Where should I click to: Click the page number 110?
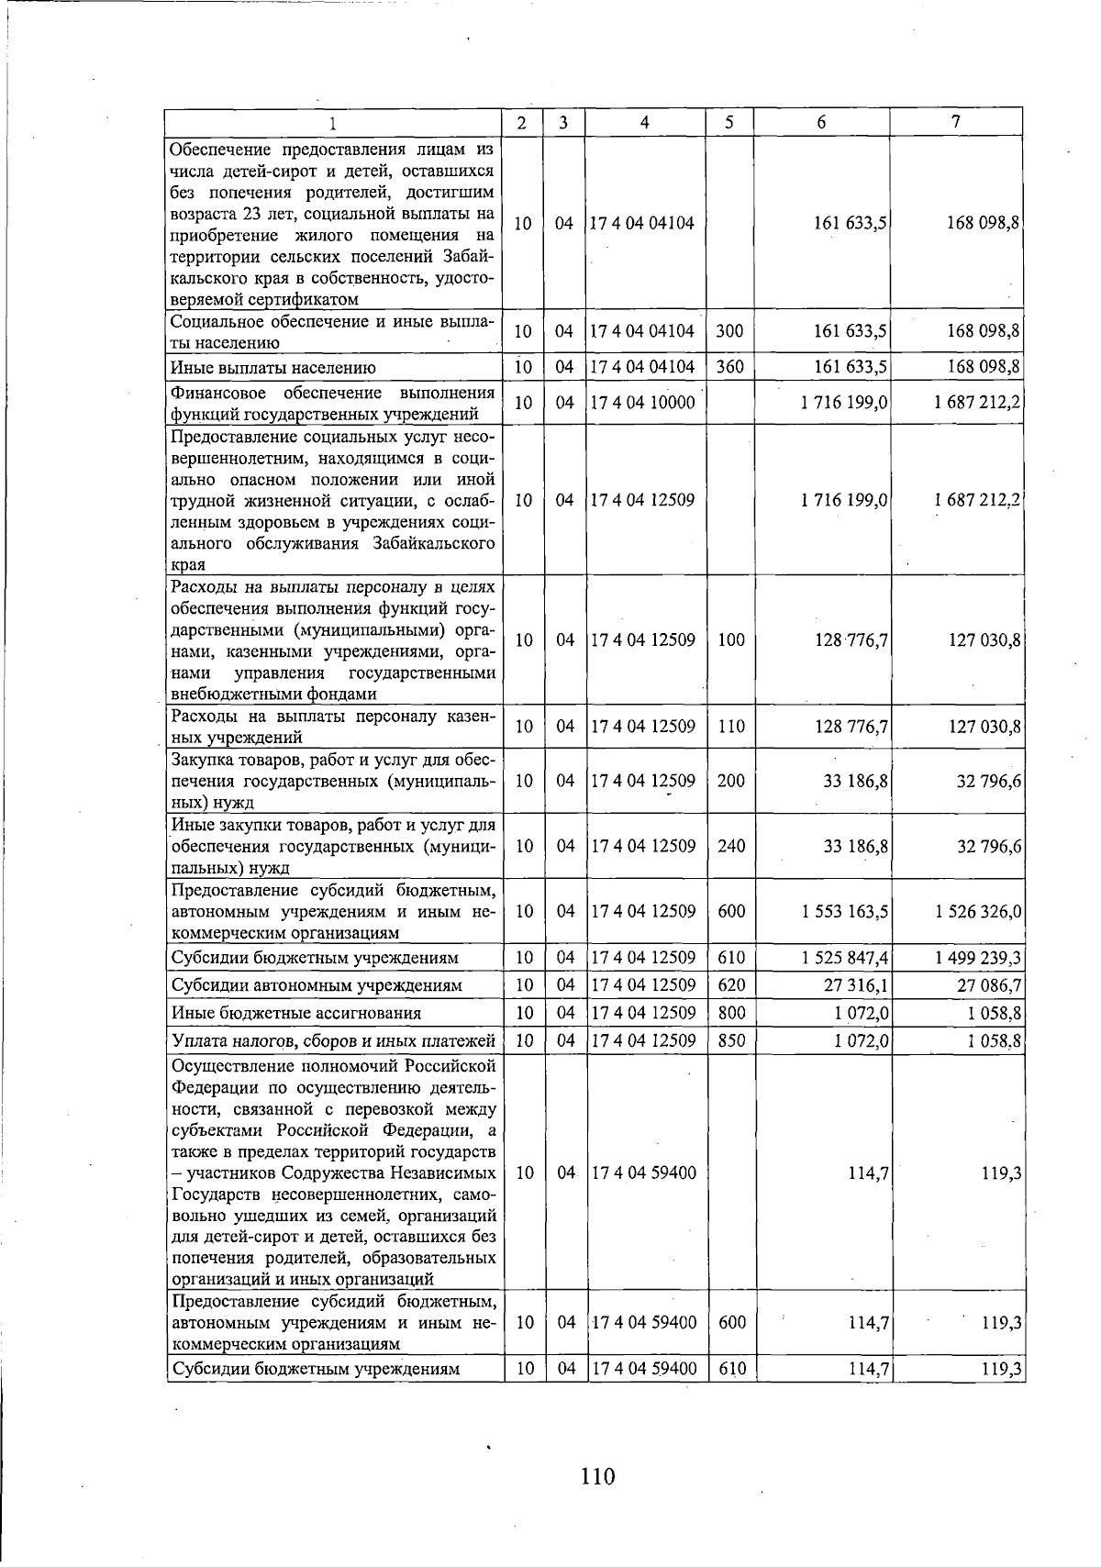597,1476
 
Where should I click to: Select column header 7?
956,121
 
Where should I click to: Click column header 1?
333,123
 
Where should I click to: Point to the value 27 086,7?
990,985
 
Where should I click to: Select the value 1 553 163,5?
844,911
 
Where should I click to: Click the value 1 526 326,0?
979,911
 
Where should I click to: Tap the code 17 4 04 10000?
644,402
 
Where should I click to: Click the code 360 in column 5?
729,367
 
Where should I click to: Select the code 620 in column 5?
730,985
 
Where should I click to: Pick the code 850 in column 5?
730,1041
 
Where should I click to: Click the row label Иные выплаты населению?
273,369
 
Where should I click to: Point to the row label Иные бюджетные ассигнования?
296,1014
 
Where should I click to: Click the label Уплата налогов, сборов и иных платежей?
334,1041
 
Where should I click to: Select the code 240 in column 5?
730,846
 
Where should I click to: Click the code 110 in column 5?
730,727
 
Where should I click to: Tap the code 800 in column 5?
730,1013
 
